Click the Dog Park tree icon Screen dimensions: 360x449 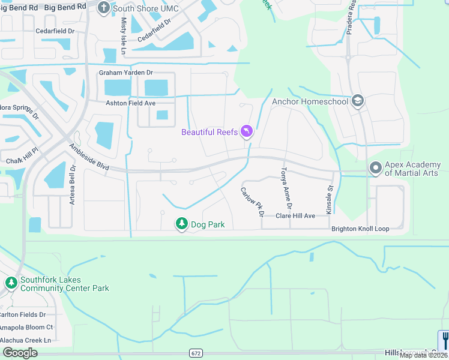pyautogui.click(x=181, y=224)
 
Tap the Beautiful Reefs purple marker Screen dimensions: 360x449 pyautogui.click(x=246, y=131)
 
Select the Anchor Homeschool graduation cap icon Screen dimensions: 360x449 pyautogui.click(x=358, y=101)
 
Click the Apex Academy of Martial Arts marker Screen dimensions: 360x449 pyautogui.click(x=376, y=169)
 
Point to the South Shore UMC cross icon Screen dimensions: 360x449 pyautogui.click(x=103, y=8)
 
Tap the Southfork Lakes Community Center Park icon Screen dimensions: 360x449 pyautogui.click(x=11, y=282)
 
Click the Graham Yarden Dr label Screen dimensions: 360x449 pyautogui.click(x=126, y=73)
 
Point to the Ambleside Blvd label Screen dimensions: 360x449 pyautogui.click(x=88, y=157)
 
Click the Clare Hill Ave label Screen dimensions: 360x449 pyautogui.click(x=295, y=216)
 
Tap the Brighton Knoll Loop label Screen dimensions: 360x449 pyautogui.click(x=360, y=229)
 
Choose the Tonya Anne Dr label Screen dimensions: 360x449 pyautogui.click(x=287, y=188)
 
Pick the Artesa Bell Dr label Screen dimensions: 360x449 pyautogui.click(x=72, y=185)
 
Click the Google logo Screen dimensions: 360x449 pyautogui.click(x=20, y=353)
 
